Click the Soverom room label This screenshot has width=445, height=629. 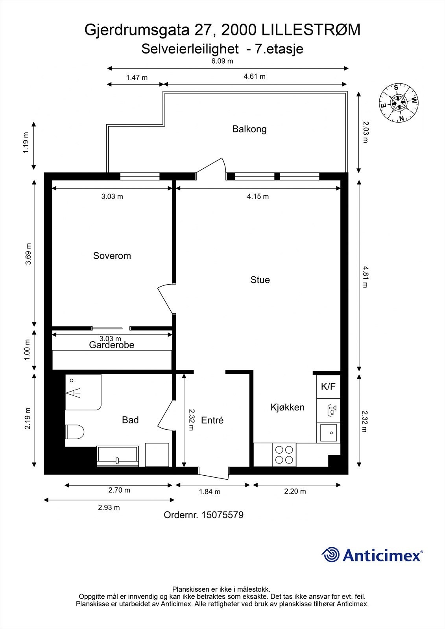112,256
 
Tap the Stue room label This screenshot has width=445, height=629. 260,280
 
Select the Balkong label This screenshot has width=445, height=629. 249,129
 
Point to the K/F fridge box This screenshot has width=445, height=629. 328,386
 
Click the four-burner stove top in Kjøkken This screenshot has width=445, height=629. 284,454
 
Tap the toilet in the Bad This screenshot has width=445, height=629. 75,432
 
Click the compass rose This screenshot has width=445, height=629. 399,103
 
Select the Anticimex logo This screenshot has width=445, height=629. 372,555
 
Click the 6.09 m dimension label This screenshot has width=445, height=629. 222,61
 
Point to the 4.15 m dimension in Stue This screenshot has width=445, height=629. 258,197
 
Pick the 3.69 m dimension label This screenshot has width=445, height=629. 28,254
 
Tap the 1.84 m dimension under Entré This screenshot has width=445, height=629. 209,492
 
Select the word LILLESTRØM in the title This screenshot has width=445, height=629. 311,30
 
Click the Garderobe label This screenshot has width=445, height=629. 112,345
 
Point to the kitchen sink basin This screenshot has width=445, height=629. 328,433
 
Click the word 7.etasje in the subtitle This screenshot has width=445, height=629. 279,49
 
